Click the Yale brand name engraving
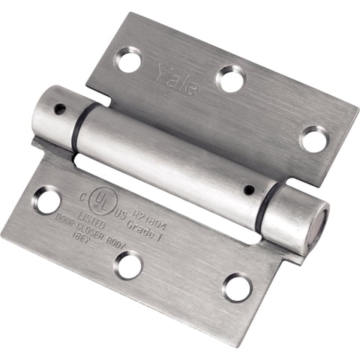(177, 80)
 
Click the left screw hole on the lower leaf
(47, 200)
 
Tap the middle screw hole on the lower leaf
(129, 264)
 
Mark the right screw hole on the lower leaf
(237, 286)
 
